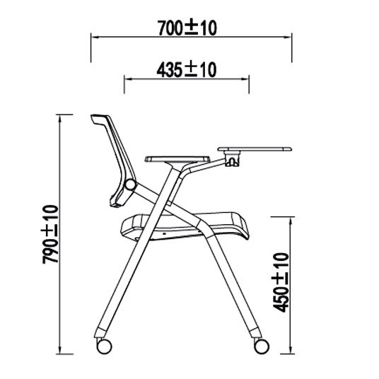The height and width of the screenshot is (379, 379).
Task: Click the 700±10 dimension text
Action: click(187, 28)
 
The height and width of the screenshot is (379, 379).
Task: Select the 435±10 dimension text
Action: click(187, 70)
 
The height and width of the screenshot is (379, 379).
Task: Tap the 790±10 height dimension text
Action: click(50, 234)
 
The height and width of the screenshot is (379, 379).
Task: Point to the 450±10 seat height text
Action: click(281, 282)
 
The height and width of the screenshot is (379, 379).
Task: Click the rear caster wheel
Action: click(104, 346)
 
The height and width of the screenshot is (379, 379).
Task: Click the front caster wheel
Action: click(262, 346)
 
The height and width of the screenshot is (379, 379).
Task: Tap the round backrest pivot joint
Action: click(130, 185)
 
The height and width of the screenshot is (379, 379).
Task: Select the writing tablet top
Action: click(255, 149)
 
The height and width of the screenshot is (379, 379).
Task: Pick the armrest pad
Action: click(177, 159)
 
